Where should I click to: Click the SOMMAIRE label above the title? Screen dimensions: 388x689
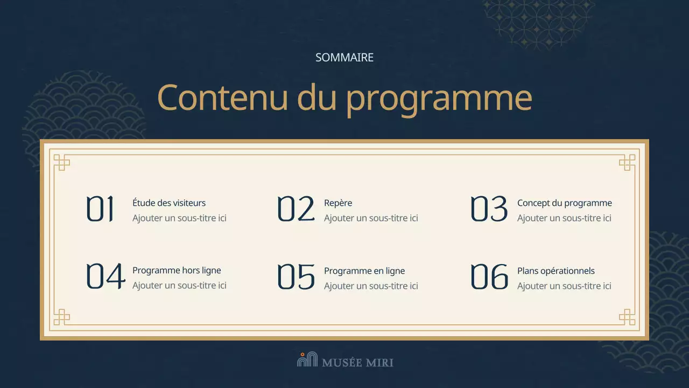(x=344, y=58)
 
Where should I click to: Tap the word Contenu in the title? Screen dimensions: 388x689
(x=222, y=98)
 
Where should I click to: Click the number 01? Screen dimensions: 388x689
(x=101, y=209)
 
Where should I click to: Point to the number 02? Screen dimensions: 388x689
(x=296, y=209)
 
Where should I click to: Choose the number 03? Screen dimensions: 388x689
(x=489, y=209)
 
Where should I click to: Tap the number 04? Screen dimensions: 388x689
(x=106, y=276)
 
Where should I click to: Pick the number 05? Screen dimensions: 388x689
(x=296, y=276)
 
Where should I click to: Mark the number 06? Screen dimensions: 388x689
(x=489, y=276)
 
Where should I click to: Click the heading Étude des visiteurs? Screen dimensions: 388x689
(x=169, y=203)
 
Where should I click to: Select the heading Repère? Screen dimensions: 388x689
(x=338, y=203)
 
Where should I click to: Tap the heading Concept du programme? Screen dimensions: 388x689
(x=564, y=203)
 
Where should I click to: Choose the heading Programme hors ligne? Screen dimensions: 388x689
(x=177, y=271)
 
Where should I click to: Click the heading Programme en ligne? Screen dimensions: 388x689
(x=364, y=271)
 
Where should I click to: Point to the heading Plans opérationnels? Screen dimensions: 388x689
(x=556, y=271)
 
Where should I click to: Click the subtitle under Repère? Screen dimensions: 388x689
(x=371, y=218)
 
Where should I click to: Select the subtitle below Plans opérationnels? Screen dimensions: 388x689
(x=564, y=286)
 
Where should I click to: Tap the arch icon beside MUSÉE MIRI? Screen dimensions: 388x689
(x=307, y=359)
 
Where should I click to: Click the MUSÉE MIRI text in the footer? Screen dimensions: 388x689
(x=357, y=363)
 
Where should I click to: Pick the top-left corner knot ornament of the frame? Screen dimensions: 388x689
(x=62, y=162)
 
